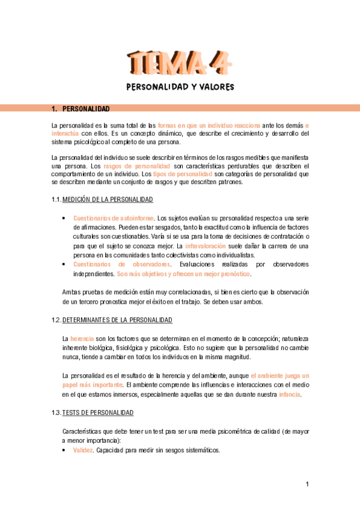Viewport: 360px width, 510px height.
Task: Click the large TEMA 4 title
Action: (180, 62)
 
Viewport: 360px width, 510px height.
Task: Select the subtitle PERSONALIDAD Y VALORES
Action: (180, 87)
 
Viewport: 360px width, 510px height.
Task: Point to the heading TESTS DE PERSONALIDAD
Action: (98, 413)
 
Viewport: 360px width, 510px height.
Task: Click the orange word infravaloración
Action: (206, 247)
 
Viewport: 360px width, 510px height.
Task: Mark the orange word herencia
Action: (82, 339)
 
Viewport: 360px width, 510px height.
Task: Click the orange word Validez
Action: (84, 450)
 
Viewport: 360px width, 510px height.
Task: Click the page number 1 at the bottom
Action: (307, 484)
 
